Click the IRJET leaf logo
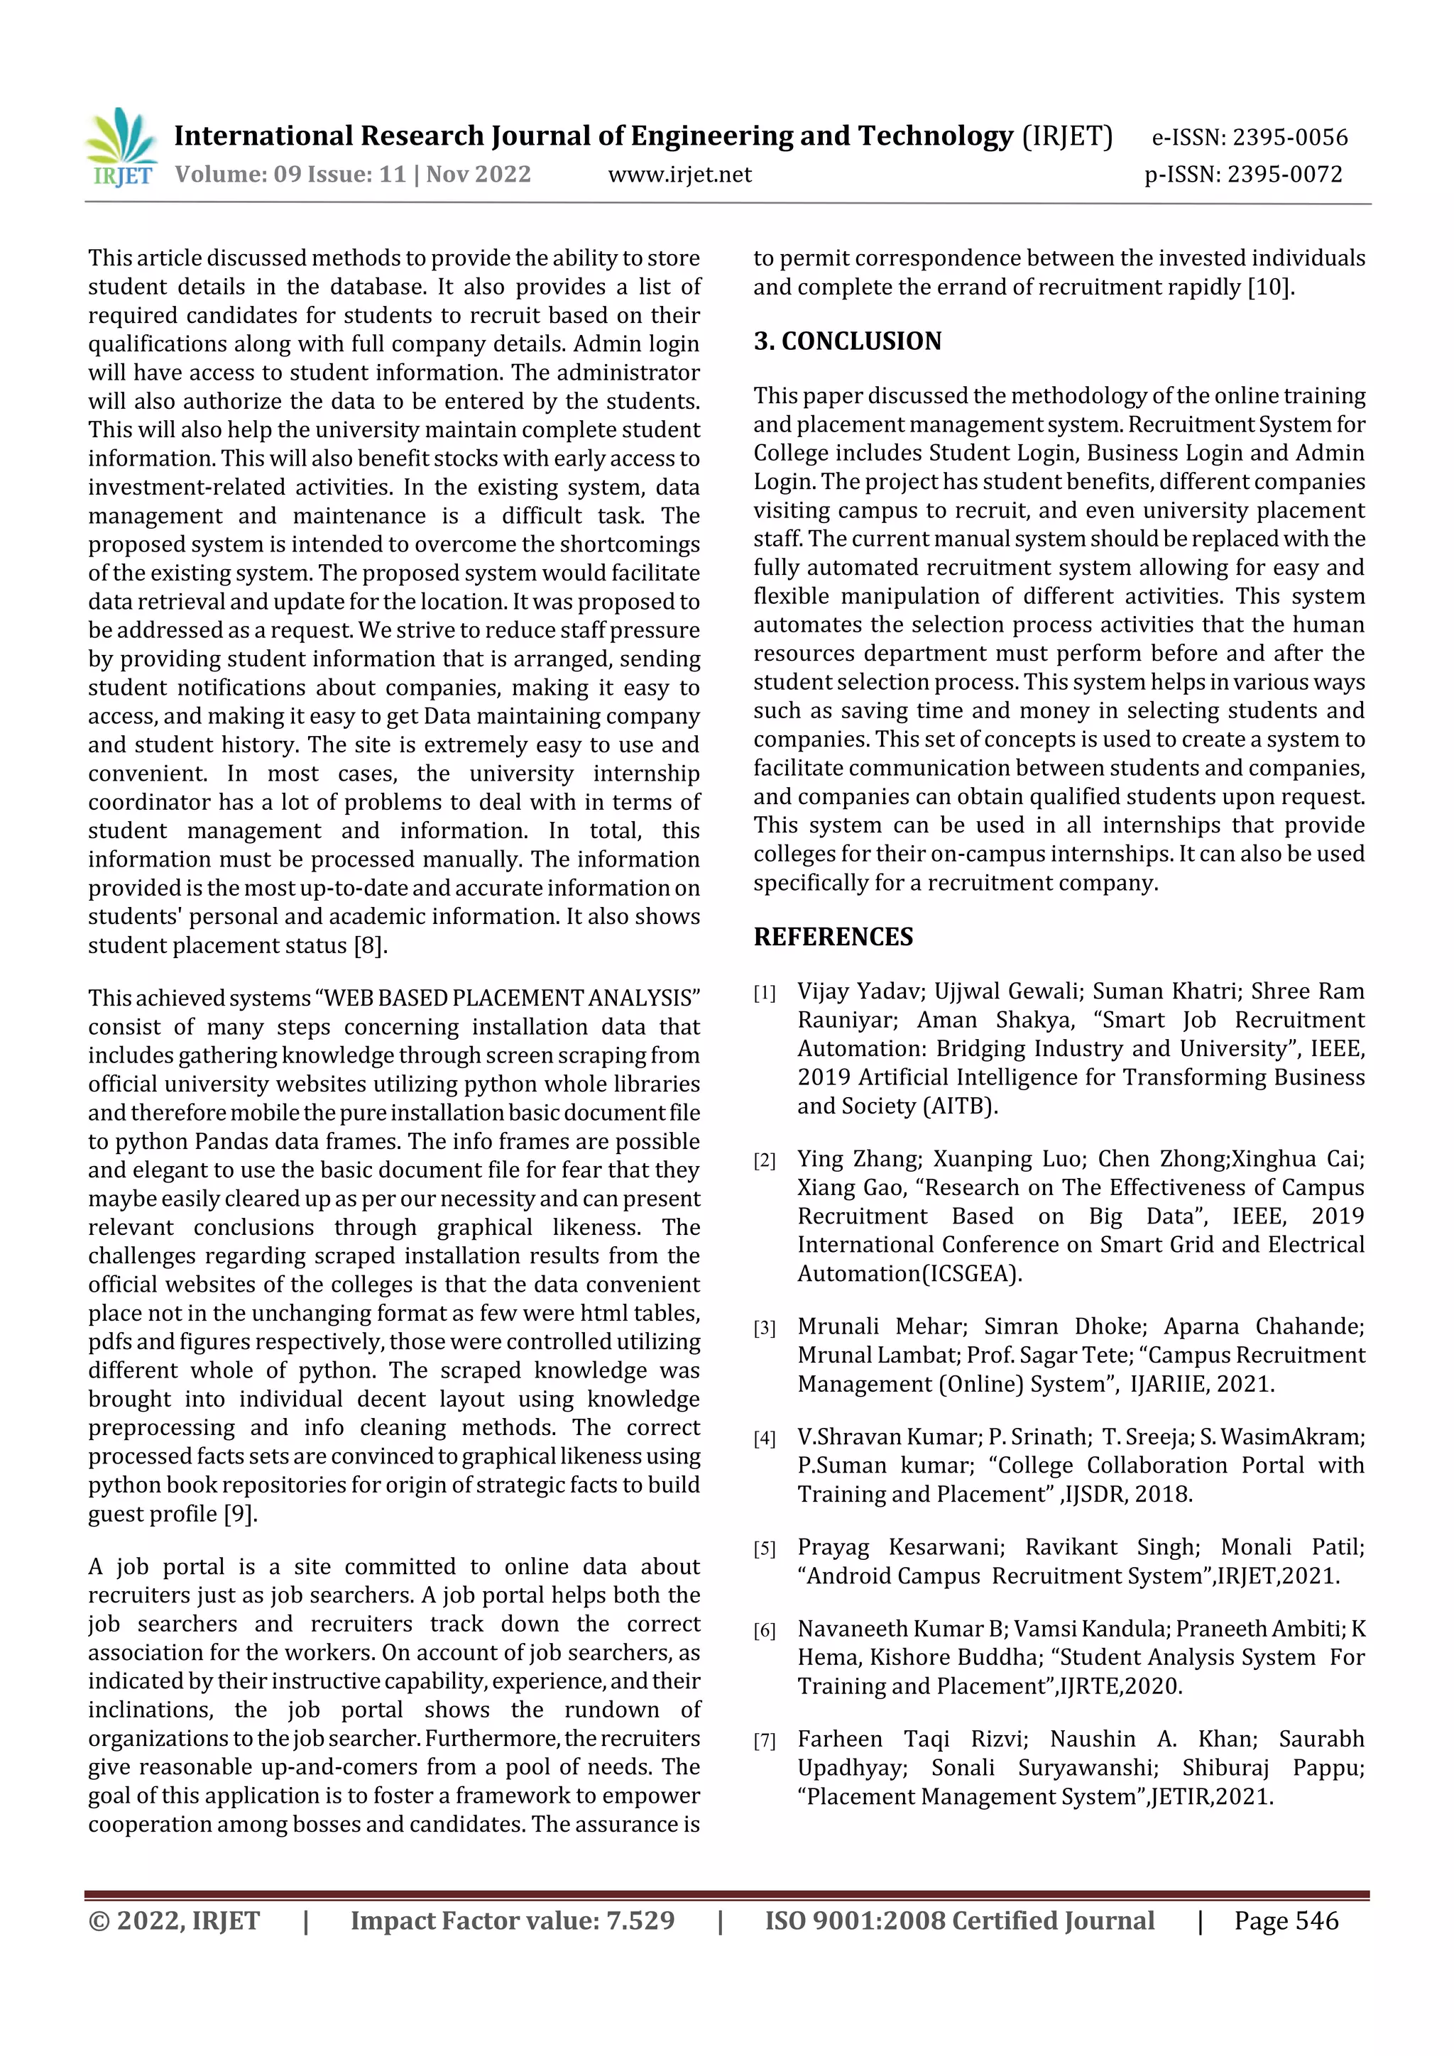pyautogui.click(x=122, y=147)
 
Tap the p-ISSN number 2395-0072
pyautogui.click(x=1285, y=174)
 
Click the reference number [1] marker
pyautogui.click(x=764, y=993)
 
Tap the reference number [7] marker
pyautogui.click(x=764, y=1741)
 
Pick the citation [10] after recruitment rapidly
pyautogui.click(x=1269, y=287)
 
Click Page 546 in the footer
pyautogui.click(x=1286, y=1920)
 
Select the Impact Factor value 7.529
pyautogui.click(x=640, y=1920)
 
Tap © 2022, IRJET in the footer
pyautogui.click(x=174, y=1920)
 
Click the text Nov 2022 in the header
pyautogui.click(x=478, y=174)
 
